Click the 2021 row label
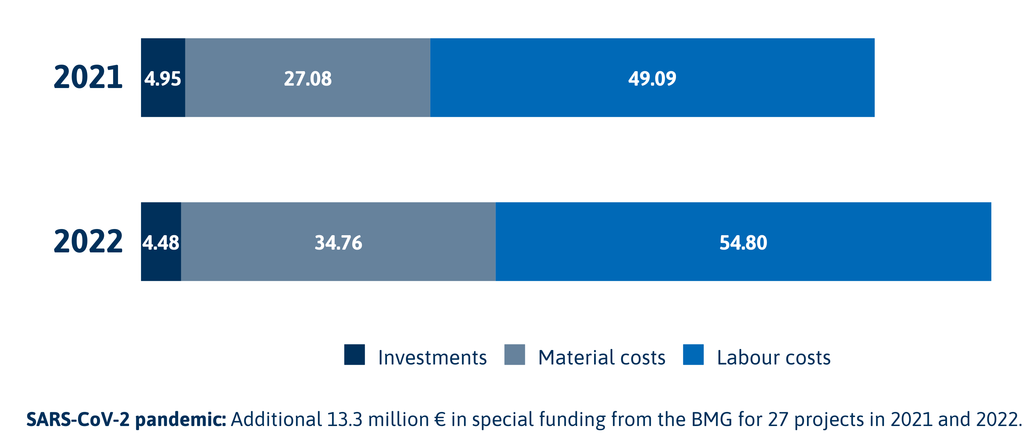pyautogui.click(x=88, y=77)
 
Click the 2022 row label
pyautogui.click(x=88, y=241)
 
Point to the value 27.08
pyautogui.click(x=308, y=78)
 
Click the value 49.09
pyautogui.click(x=652, y=78)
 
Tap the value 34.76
pyautogui.click(x=338, y=243)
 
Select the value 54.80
pyautogui.click(x=743, y=243)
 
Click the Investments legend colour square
pyautogui.click(x=354, y=355)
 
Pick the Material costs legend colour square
pyautogui.click(x=514, y=355)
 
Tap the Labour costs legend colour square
pyautogui.click(x=693, y=355)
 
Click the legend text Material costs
pyautogui.click(x=601, y=357)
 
